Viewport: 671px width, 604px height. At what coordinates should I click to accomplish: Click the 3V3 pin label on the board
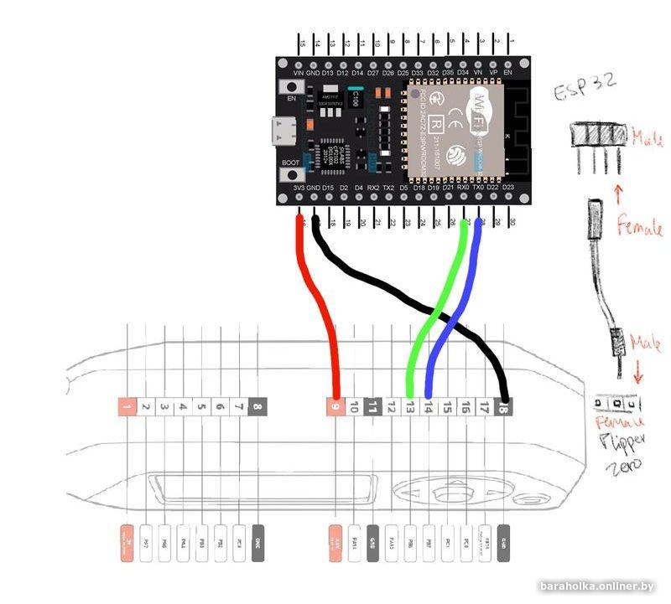pyautogui.click(x=299, y=188)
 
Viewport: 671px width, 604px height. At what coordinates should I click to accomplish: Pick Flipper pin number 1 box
pyautogui.click(x=127, y=408)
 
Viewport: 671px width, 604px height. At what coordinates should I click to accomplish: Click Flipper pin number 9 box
pyautogui.click(x=335, y=408)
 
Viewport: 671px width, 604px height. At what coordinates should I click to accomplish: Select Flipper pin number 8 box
pyautogui.click(x=257, y=408)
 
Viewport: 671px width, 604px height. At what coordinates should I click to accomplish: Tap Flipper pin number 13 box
pyautogui.click(x=410, y=408)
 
